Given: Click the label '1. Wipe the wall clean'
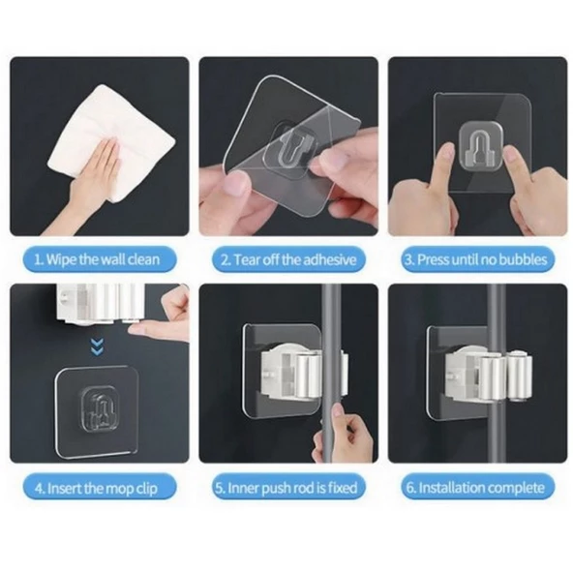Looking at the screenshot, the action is (x=97, y=259).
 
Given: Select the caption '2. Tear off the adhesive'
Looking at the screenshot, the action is (x=288, y=259).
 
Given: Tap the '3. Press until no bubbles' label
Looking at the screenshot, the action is (x=477, y=259).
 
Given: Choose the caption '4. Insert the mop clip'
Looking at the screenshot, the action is (x=96, y=488).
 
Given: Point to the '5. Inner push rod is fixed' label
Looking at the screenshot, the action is (x=286, y=488).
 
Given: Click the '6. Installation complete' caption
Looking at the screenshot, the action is (x=476, y=488).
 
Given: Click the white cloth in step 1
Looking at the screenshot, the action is (x=111, y=141).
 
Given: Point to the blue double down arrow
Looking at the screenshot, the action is (x=97, y=347).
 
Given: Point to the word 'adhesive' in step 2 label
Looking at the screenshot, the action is (x=330, y=259).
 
